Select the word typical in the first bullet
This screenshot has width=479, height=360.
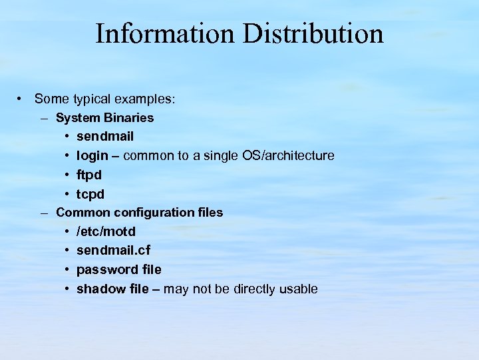(89, 99)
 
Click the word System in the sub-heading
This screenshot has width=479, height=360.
(76, 117)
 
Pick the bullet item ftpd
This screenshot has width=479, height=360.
(90, 175)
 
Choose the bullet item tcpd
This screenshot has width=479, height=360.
(90, 193)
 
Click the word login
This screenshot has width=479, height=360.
(92, 156)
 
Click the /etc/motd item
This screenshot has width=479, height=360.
(106, 231)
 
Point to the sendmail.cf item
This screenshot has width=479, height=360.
(113, 250)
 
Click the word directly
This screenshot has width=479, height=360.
(255, 289)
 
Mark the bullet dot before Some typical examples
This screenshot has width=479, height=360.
(22, 99)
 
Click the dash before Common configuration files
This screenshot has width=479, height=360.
(44, 213)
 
